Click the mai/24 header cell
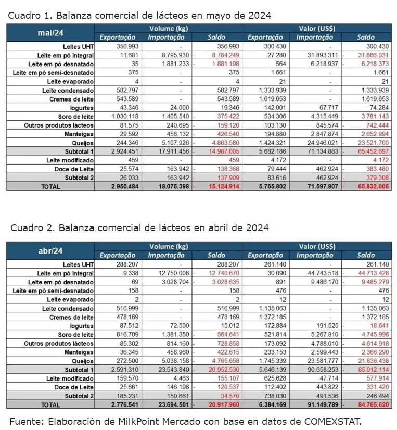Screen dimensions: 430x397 pos(50,32)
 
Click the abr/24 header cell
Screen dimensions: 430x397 pos(50,250)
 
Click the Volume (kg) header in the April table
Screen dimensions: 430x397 pos(168,246)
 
